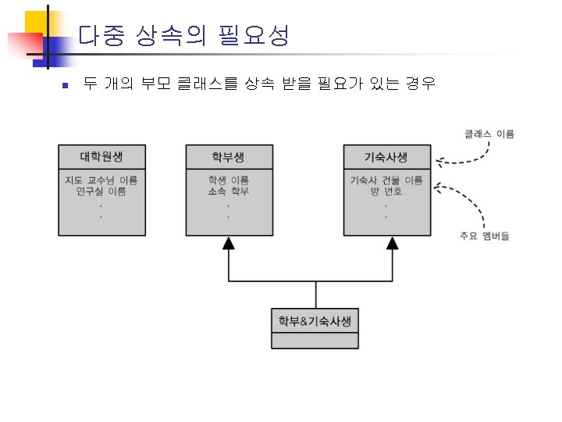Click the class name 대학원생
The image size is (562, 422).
[x=101, y=156]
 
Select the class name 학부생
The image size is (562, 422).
[x=229, y=156]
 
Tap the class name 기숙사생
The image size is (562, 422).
[x=386, y=156]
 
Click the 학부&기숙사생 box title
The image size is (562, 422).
[x=315, y=320]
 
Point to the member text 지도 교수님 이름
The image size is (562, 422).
[x=101, y=181]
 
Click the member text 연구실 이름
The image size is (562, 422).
[x=101, y=191]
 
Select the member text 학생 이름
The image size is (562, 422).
[x=229, y=181]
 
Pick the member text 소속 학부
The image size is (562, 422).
[x=229, y=191]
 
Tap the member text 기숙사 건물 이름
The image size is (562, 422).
[x=386, y=181]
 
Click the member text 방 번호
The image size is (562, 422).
[x=386, y=191]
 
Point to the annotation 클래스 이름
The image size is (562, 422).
[x=489, y=134]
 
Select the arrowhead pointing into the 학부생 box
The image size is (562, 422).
[x=229, y=243]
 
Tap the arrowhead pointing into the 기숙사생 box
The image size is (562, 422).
[x=393, y=243]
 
